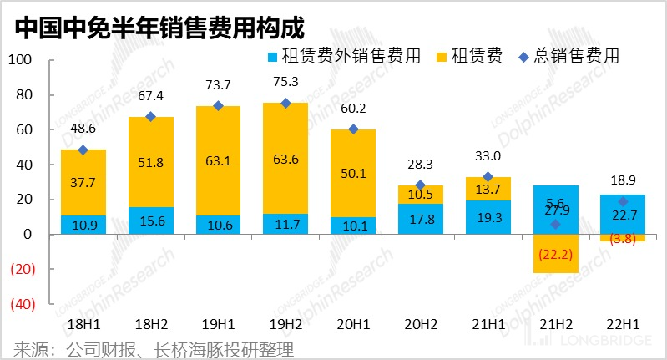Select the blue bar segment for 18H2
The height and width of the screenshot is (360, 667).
coord(150,221)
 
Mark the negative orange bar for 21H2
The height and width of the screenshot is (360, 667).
coord(556,253)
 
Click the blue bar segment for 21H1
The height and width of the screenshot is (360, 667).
coord(488,217)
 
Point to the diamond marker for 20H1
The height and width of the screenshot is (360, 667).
coord(353,129)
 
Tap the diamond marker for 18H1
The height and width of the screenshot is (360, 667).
coord(83,150)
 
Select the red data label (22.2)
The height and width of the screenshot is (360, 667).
coord(556,254)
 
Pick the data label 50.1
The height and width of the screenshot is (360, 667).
coord(353,173)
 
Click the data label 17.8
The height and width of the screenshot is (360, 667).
coord(421,220)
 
